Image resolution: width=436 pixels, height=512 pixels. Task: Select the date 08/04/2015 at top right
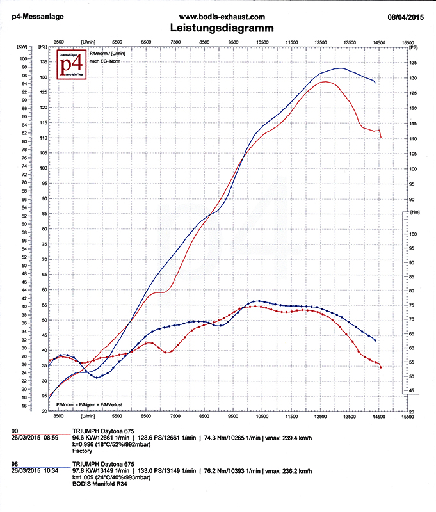tap(407, 17)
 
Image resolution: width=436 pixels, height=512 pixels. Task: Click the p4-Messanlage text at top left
tap(36, 17)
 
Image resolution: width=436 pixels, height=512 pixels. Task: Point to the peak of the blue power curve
tap(341, 68)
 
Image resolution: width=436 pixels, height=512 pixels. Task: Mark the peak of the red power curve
tap(325, 81)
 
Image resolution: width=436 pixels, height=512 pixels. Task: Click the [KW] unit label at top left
tap(22, 47)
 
